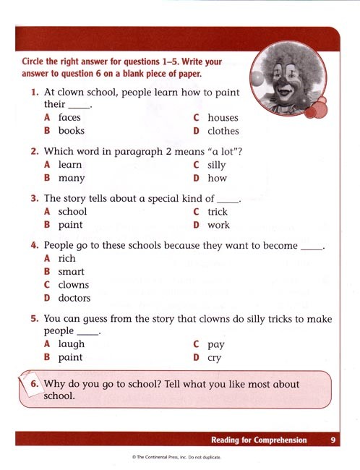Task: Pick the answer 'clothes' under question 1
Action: point(223,131)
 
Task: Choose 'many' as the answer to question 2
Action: point(72,178)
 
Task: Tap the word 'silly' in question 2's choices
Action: point(216,165)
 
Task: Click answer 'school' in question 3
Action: point(72,212)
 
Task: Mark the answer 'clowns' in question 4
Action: point(74,285)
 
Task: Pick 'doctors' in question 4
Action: point(74,298)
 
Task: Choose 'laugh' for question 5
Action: point(72,344)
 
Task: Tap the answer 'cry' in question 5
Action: point(214,358)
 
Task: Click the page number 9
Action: point(333,440)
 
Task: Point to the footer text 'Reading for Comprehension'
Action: point(259,440)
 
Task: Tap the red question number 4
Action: point(34,246)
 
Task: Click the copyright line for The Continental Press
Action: point(176,457)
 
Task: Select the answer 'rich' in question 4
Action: point(67,258)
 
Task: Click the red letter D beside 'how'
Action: point(196,178)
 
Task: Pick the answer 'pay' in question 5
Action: point(215,345)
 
